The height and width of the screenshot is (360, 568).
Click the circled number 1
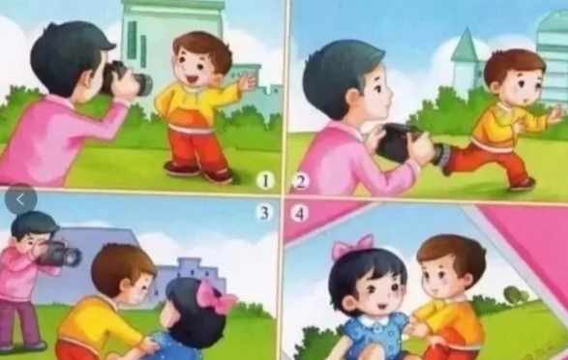point(265,180)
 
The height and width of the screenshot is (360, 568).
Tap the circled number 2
point(300,181)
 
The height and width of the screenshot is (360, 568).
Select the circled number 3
point(264,213)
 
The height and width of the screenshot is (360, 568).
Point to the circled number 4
point(300,213)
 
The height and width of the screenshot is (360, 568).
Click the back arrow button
point(20,198)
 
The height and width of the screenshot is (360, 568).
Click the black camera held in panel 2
point(398,142)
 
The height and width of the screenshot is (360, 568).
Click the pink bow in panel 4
point(353,246)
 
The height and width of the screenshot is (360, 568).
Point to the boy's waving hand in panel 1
point(248,80)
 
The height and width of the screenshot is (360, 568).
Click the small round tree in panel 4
point(516,294)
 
